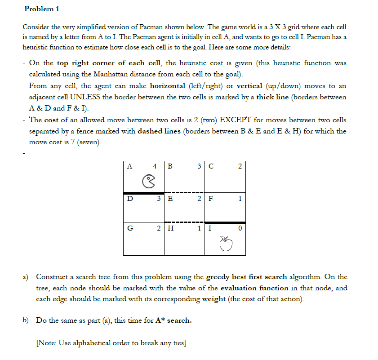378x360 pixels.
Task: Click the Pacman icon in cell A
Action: pos(148,181)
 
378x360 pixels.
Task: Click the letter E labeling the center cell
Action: pos(170,198)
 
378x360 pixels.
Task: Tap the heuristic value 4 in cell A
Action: pos(155,166)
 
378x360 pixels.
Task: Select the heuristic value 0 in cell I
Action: pos(240,228)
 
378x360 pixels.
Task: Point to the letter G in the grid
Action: pos(130,228)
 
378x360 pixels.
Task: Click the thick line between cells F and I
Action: pos(225,222)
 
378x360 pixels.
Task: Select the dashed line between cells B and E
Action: pos(184,192)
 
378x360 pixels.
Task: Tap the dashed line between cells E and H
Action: pos(184,222)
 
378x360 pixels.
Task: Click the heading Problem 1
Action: pos(41,9)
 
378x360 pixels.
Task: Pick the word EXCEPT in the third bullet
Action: pos(238,120)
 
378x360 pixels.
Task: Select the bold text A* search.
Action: pos(173,320)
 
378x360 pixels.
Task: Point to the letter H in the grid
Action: pos(170,228)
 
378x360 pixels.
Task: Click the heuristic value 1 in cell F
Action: pos(240,198)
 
